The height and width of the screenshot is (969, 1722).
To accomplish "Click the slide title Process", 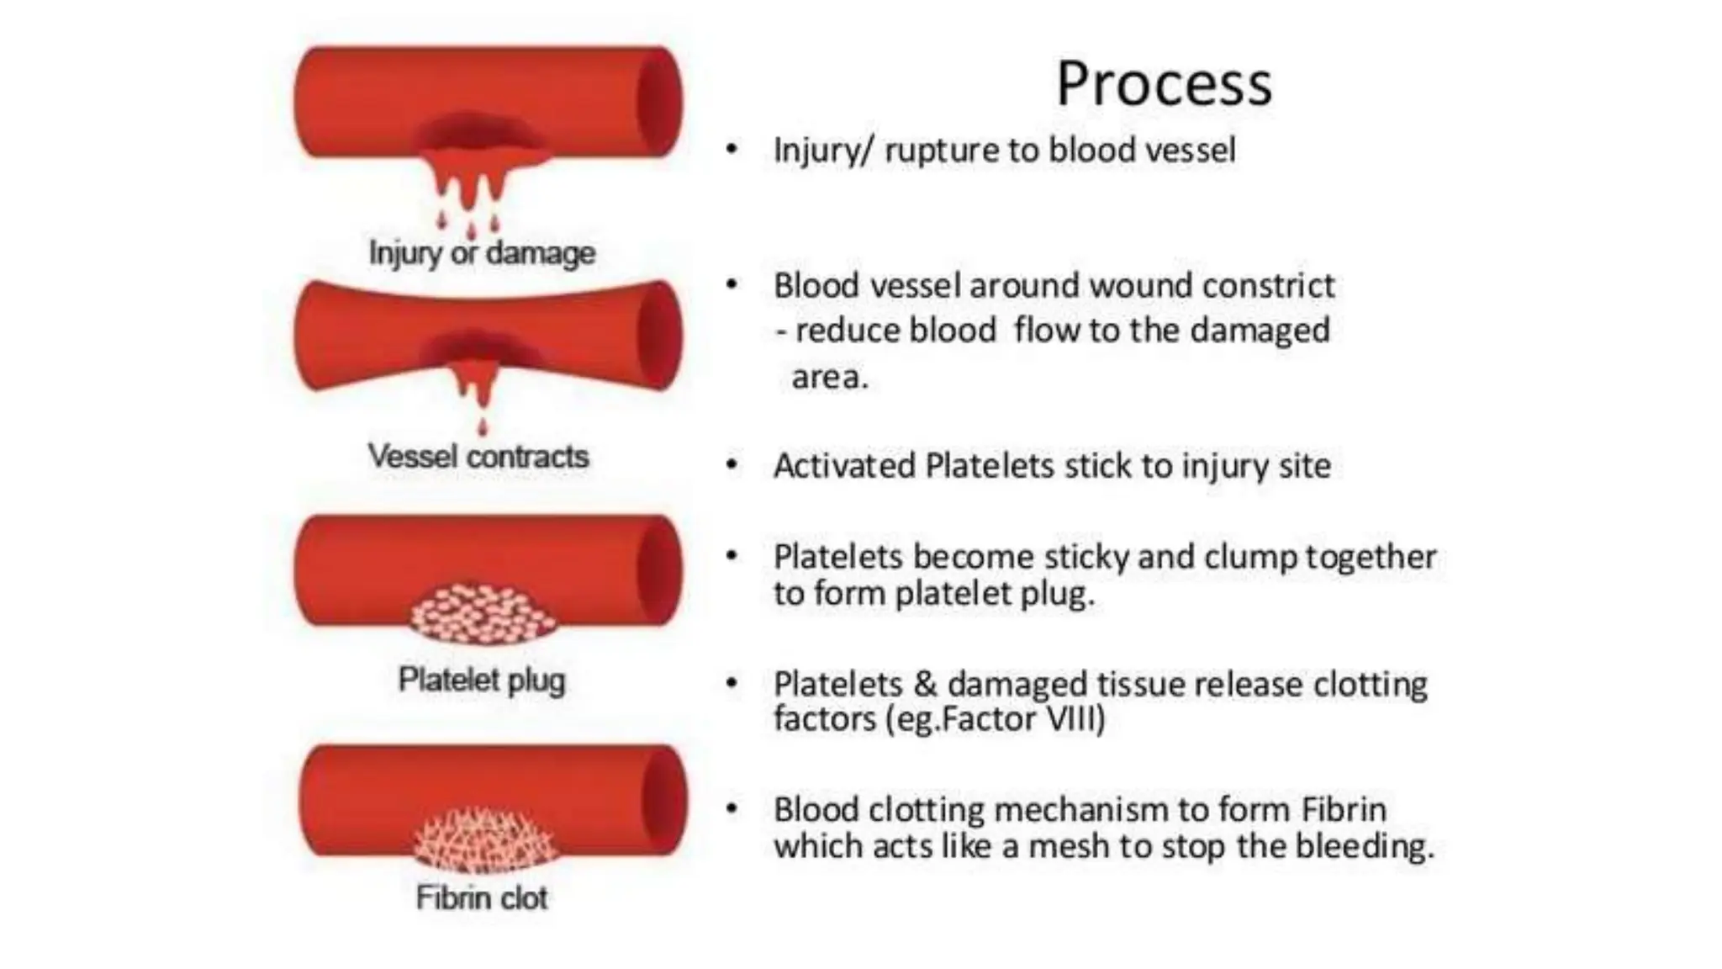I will coord(1164,84).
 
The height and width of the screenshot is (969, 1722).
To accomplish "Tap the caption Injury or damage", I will coord(482,252).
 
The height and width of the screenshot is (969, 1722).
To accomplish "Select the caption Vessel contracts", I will coord(478,457).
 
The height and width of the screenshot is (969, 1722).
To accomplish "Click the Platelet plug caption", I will coord(482,680).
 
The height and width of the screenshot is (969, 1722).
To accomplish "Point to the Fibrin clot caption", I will coord(482,898).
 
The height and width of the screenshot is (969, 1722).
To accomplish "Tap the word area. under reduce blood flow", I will coord(829,377).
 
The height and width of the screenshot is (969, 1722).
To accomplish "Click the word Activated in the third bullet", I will coord(844,466).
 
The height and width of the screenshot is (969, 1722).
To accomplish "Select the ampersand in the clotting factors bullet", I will coord(925,684).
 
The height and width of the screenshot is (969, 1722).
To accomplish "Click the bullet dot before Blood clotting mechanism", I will coord(732,809).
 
